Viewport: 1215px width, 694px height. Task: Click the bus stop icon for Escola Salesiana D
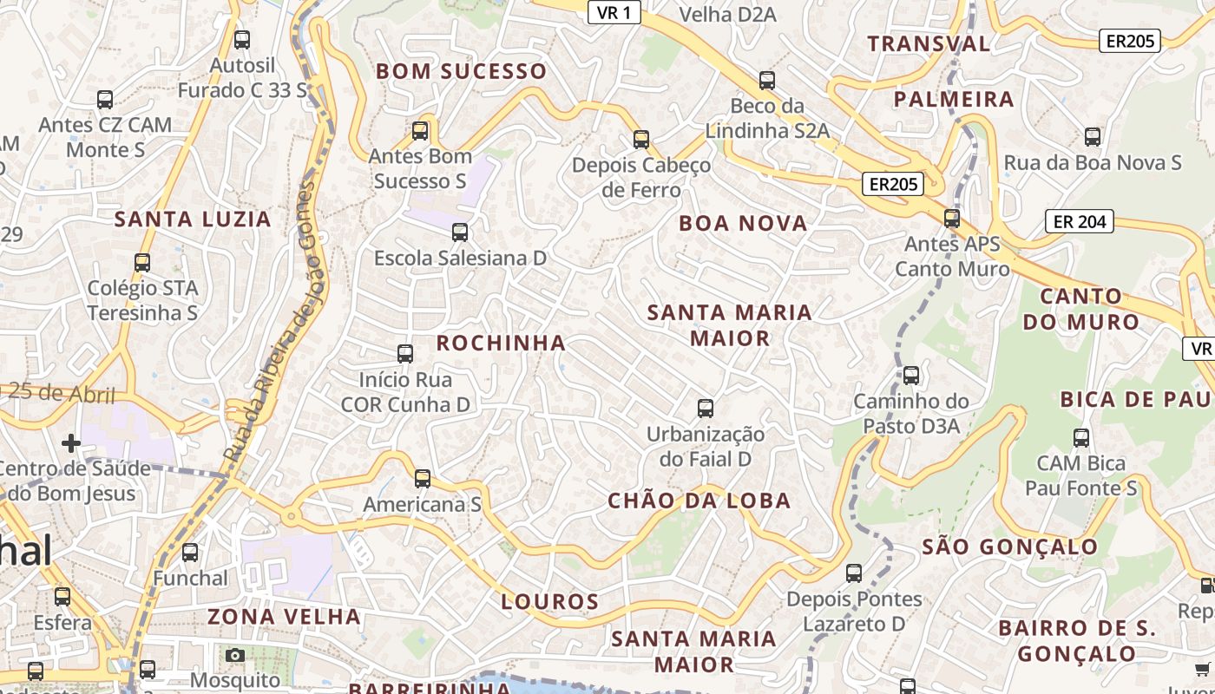[460, 232]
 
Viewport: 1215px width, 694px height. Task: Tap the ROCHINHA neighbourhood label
[501, 343]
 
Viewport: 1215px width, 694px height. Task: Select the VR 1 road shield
[614, 12]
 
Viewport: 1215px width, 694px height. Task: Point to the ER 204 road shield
[1080, 221]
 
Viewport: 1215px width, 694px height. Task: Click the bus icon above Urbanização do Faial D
[706, 408]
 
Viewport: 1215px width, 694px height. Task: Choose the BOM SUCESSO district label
[461, 71]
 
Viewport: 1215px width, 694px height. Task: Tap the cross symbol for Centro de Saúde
[71, 444]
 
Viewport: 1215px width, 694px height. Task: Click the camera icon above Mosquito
[234, 655]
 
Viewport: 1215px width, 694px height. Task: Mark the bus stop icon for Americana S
[422, 479]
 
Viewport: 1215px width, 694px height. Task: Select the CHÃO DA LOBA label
[699, 501]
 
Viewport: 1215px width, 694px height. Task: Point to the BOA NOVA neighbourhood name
[743, 223]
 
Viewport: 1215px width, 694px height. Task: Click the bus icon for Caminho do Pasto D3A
[910, 376]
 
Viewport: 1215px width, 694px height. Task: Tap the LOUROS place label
[550, 601]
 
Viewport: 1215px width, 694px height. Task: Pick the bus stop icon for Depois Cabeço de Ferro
[641, 139]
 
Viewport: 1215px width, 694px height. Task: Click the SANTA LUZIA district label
[193, 219]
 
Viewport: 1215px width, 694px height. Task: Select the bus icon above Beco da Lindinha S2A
[766, 81]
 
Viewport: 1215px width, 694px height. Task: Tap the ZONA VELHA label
[284, 617]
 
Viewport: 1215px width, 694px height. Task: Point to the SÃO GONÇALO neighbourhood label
[1009, 547]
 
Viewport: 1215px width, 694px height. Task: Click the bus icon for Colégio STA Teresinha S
[142, 262]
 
